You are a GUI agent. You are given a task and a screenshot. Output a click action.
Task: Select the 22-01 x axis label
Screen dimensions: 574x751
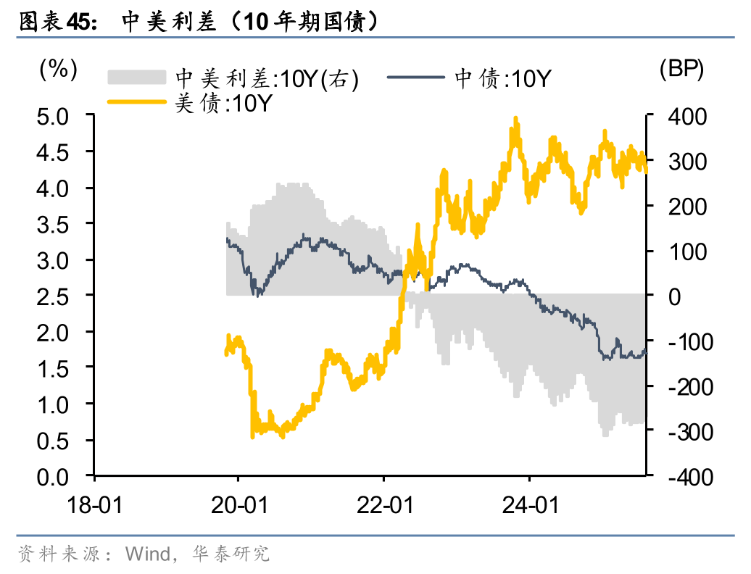pyautogui.click(x=384, y=505)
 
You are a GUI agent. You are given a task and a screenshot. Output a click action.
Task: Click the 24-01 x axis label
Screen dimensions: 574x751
pyautogui.click(x=529, y=505)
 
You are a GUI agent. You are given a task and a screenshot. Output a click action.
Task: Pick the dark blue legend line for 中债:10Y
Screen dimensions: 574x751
pyautogui.click(x=416, y=77)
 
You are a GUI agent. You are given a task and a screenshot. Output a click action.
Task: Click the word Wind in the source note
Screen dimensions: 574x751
pyautogui.click(x=148, y=554)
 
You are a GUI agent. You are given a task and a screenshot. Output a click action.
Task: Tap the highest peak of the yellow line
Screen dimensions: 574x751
pyautogui.click(x=515, y=118)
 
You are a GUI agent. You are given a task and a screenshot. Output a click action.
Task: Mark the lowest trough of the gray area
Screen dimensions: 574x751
pyautogui.click(x=605, y=436)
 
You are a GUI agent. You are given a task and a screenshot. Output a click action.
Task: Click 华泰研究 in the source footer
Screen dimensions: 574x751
pyautogui.click(x=231, y=554)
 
